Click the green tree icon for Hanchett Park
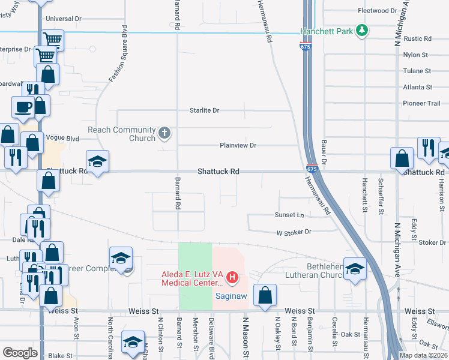pyautogui.click(x=361, y=30)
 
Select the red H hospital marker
pyautogui.click(x=232, y=278)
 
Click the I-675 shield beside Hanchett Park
pyautogui.click(x=306, y=45)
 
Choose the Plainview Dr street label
pyautogui.click(x=238, y=145)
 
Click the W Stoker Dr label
pyautogui.click(x=294, y=232)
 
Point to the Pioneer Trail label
pyautogui.click(x=421, y=103)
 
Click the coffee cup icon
pyautogui.click(x=23, y=107)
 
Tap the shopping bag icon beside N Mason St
pyautogui.click(x=264, y=295)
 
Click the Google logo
pyautogui.click(x=20, y=353)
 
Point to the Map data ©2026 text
pyautogui.click(x=423, y=355)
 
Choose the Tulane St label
pyautogui.click(x=417, y=71)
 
